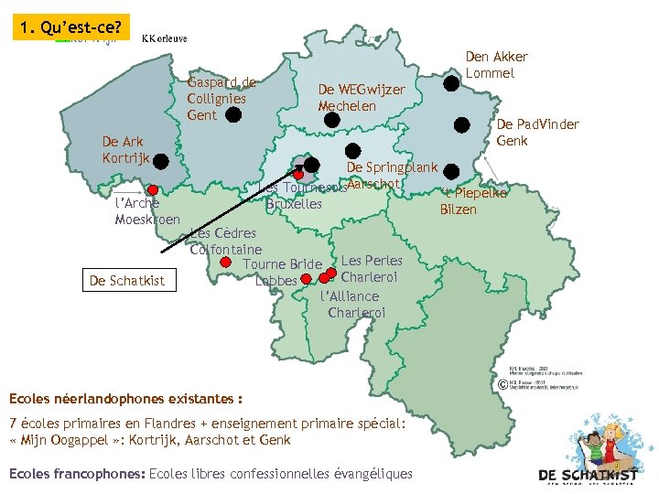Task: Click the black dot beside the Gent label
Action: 233,114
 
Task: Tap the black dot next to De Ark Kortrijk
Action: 161,162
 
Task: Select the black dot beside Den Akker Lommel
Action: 451,83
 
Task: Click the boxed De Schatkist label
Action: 127,281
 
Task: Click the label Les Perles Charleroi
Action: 370,268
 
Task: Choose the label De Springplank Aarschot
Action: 392,175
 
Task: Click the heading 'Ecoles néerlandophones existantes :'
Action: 125,399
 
